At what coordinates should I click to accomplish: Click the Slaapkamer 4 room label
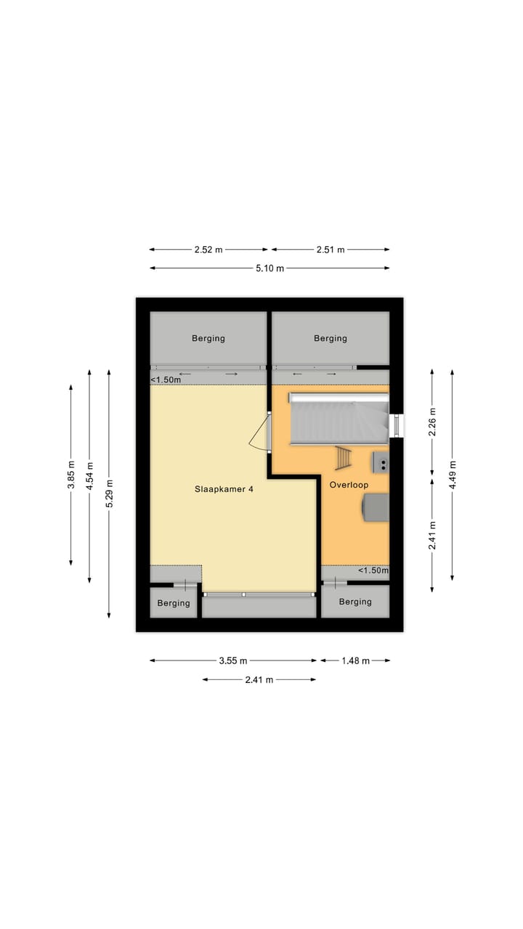224,489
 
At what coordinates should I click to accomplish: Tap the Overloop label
349,485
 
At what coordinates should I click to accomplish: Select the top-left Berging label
208,338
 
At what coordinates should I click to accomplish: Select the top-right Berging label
331,338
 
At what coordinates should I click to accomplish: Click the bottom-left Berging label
174,603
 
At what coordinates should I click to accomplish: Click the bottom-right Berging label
355,602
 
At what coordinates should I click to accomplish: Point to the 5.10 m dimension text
269,269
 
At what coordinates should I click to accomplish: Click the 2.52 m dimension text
208,250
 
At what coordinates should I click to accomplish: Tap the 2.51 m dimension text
331,250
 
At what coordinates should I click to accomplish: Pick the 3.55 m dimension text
233,660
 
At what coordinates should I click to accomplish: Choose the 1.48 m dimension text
355,660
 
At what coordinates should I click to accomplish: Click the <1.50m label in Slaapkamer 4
166,380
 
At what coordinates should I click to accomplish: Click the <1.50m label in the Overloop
373,571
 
